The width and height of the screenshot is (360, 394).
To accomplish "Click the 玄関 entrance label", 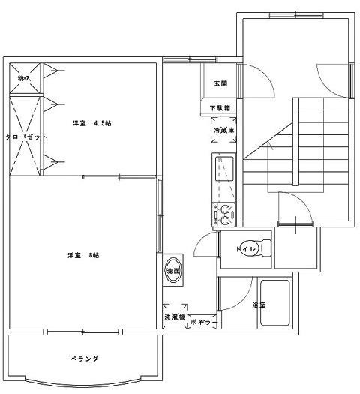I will pyautogui.click(x=220, y=83).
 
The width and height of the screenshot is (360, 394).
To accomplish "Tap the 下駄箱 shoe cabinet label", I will pyautogui.click(x=220, y=109).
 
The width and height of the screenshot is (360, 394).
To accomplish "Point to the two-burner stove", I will pyautogui.click(x=223, y=213).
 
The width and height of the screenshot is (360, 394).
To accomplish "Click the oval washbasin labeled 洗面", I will pyautogui.click(x=173, y=272).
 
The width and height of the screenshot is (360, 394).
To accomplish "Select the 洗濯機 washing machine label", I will pyautogui.click(x=175, y=317).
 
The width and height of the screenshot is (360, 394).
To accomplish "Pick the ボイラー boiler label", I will pyautogui.click(x=204, y=322).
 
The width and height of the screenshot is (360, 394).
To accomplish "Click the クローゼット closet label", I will pyautogui.click(x=26, y=137).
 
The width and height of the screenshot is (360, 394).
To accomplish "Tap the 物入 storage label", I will pyautogui.click(x=24, y=77).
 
